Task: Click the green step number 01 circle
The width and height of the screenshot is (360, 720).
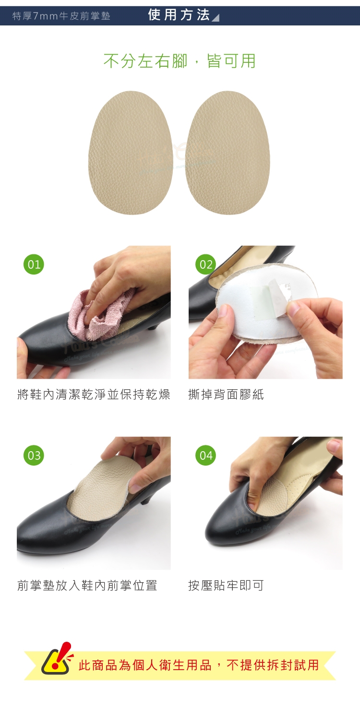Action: (x=34, y=264)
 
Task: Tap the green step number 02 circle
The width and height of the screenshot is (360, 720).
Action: (x=206, y=264)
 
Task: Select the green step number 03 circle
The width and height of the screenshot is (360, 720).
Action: (x=34, y=455)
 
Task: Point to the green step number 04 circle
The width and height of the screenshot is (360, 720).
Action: (x=206, y=455)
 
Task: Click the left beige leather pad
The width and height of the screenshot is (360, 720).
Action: (x=131, y=153)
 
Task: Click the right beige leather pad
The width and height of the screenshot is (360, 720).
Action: (x=228, y=153)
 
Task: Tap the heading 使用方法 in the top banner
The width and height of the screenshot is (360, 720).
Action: (x=179, y=15)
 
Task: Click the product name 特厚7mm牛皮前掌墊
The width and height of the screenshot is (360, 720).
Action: (x=61, y=16)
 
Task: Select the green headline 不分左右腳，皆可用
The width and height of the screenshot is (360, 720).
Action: (x=180, y=61)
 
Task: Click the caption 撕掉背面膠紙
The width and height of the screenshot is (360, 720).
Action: (x=226, y=394)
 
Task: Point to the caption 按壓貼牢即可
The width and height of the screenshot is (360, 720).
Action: (x=226, y=585)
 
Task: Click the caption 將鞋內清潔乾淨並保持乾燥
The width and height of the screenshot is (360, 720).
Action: (x=94, y=394)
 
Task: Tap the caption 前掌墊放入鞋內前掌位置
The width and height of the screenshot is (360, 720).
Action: (x=87, y=585)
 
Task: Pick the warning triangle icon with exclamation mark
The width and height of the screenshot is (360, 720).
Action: (x=57, y=659)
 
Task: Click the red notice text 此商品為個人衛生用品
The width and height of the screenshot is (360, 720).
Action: (x=145, y=665)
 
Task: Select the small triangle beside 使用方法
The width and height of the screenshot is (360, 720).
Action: (x=216, y=18)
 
